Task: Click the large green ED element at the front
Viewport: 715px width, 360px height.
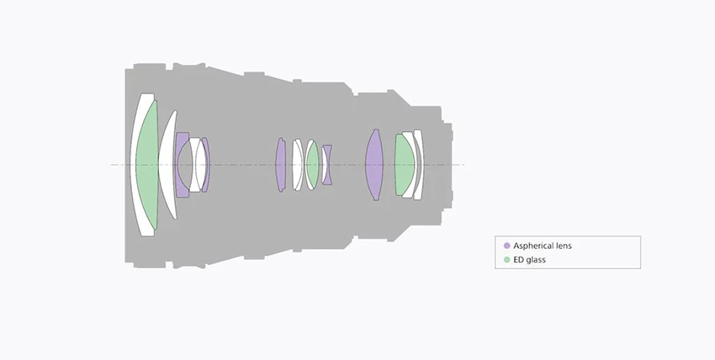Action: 147,165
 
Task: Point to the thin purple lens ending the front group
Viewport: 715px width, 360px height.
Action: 207,165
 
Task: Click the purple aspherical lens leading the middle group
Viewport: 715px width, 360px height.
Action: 280,165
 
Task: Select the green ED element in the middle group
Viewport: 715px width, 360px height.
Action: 313,165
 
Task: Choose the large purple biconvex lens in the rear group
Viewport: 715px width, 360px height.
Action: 374,165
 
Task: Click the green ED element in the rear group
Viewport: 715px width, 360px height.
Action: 404,165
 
